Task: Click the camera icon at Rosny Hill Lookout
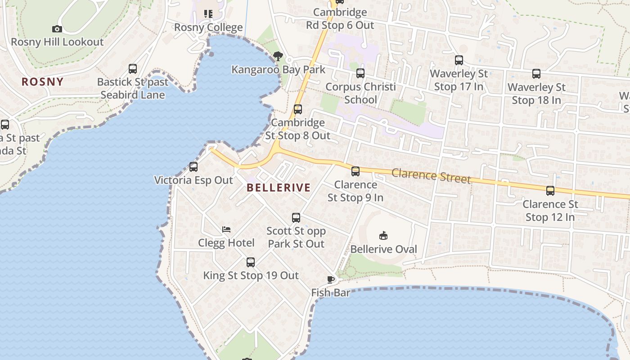[x=57, y=29]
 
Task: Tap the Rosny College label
[x=208, y=27]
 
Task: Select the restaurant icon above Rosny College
[x=208, y=14]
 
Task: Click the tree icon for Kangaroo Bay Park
[x=278, y=56]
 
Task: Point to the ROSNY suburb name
[x=43, y=82]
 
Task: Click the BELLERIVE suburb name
[x=279, y=188]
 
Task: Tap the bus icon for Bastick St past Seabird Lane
[x=133, y=69]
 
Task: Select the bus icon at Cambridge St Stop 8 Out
[x=297, y=109]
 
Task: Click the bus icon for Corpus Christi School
[x=360, y=73]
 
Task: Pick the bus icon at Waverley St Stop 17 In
[x=459, y=60]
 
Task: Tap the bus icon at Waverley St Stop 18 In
[x=536, y=74]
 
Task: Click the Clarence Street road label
[x=431, y=175]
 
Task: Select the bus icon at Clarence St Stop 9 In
[x=355, y=171]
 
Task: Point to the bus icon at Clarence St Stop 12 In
[x=550, y=191]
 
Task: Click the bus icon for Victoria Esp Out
[x=193, y=167]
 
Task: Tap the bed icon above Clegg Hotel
[x=226, y=229]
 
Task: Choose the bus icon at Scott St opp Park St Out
[x=296, y=218]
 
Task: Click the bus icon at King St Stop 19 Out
[x=251, y=262]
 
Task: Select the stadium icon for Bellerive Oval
[x=383, y=236]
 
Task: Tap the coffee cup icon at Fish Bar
[x=331, y=279]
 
